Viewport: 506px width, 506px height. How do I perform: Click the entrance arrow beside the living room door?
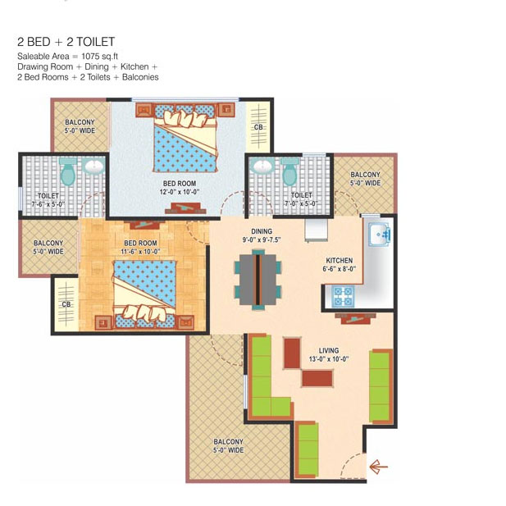point(378,467)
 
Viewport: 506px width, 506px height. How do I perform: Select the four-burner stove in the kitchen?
point(343,296)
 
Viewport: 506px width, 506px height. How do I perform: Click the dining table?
point(258,280)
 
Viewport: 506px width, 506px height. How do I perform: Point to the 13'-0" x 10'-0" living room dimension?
point(329,359)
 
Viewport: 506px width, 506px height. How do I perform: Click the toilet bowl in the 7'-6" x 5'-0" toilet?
point(68,172)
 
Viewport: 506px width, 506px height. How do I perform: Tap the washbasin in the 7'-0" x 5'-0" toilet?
point(262,166)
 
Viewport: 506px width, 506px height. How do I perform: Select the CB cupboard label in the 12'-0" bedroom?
point(258,127)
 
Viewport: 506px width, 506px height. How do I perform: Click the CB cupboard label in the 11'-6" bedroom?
point(66,304)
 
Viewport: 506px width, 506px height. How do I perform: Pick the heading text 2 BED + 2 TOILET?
point(66,42)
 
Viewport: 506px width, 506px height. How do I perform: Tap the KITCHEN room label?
point(340,261)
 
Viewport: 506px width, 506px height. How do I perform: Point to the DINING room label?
point(262,231)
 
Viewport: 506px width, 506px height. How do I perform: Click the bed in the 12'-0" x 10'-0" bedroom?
point(185,138)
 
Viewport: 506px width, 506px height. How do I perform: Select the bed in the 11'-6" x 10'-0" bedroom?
point(144,295)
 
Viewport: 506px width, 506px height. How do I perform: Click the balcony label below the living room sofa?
point(229,445)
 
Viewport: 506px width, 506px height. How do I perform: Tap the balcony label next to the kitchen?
point(365,179)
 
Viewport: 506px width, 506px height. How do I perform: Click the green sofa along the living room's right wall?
point(381,386)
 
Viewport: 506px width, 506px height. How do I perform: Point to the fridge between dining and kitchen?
point(317,230)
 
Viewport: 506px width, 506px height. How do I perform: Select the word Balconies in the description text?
point(140,77)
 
